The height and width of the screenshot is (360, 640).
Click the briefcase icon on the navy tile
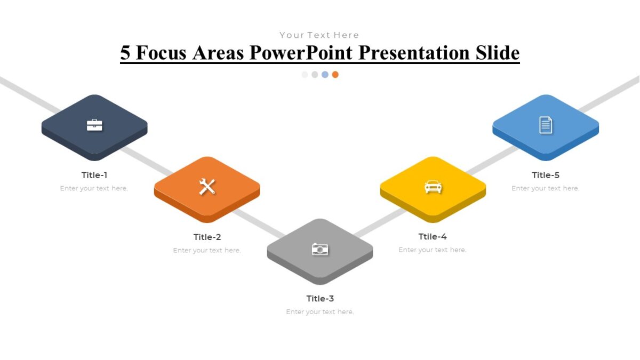pyautogui.click(x=94, y=125)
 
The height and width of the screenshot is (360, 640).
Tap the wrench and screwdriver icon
pyautogui.click(x=207, y=187)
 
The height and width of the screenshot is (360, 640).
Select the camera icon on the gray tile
pyautogui.click(x=320, y=249)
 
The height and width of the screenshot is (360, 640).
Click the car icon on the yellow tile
pyautogui.click(x=433, y=187)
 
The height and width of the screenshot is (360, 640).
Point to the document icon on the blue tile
pyautogui.click(x=546, y=125)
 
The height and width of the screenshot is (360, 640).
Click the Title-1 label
pyautogui.click(x=94, y=175)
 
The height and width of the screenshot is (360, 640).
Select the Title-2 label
pyautogui.click(x=207, y=237)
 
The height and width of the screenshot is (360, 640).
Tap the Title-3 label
pyautogui.click(x=320, y=299)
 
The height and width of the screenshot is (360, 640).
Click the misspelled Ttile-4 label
pyautogui.click(x=433, y=237)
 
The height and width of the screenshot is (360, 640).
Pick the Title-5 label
pyautogui.click(x=546, y=175)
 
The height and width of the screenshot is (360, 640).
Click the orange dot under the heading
pyautogui.click(x=335, y=75)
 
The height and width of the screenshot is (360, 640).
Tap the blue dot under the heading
pyautogui.click(x=325, y=75)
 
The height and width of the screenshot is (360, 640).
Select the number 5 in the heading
pyautogui.click(x=125, y=53)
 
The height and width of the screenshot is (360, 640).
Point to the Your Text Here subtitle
pyautogui.click(x=319, y=35)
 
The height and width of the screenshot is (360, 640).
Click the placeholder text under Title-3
pyautogui.click(x=320, y=312)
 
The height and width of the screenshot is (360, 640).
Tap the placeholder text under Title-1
pyautogui.click(x=94, y=188)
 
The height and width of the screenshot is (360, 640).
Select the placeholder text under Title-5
pyautogui.click(x=545, y=188)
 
